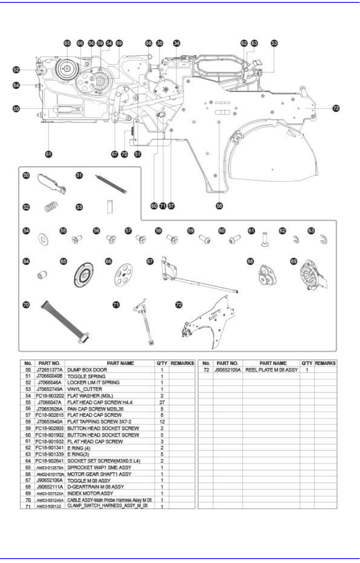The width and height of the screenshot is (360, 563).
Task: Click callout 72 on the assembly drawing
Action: [x=336, y=108]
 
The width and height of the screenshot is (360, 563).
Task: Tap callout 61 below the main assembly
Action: [x=48, y=154]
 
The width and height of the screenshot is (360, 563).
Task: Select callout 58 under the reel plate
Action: [x=219, y=206]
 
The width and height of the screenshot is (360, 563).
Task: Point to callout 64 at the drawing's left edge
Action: [x=16, y=85]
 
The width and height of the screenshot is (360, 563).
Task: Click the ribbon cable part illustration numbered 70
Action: [x=64, y=321]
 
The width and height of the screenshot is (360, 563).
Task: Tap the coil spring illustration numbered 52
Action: [x=50, y=206]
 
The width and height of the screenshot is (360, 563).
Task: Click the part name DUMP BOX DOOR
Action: [x=87, y=370]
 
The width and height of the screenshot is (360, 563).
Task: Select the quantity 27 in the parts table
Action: [x=162, y=402]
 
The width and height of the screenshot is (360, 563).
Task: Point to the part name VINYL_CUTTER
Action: [x=84, y=389]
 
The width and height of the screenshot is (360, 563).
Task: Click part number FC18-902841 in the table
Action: [x=50, y=461]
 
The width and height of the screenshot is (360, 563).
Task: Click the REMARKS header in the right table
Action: [x=325, y=363]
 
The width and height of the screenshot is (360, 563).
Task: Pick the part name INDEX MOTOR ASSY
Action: [x=90, y=493]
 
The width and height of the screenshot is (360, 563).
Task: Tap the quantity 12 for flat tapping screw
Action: [x=162, y=422]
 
